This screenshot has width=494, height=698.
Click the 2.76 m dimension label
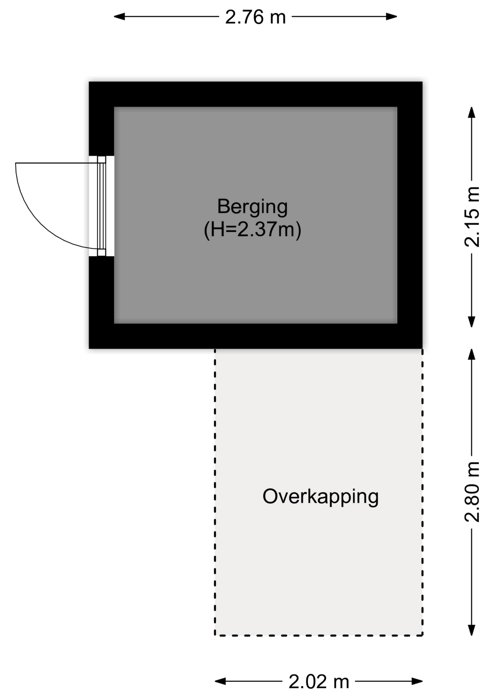tap(255, 17)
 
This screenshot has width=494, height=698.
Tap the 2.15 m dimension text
tap(472, 217)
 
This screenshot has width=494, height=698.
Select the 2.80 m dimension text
tap(472, 492)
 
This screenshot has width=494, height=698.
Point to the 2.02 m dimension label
tap(319, 682)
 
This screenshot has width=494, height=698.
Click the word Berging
tap(252, 206)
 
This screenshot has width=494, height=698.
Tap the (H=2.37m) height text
tap(252, 230)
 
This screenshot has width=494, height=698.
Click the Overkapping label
tap(320, 497)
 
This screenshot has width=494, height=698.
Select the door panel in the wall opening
tap(101, 206)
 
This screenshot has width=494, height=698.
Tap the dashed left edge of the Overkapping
tap(215, 491)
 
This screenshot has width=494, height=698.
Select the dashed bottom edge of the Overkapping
tap(319, 635)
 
